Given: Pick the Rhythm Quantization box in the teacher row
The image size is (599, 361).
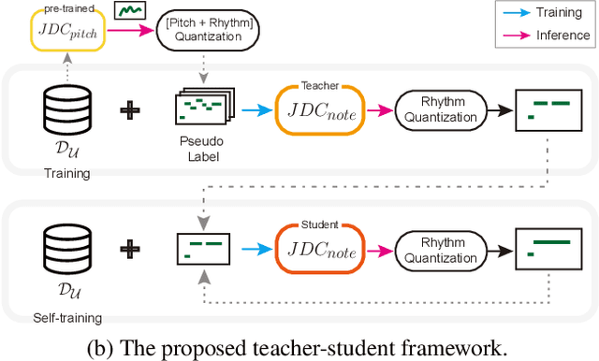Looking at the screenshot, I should pos(440,116).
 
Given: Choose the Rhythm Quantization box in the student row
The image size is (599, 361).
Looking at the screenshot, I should pos(440,249).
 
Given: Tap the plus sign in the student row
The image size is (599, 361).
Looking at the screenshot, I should pos(133,249).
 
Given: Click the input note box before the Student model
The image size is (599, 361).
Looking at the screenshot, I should pos(204,248).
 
